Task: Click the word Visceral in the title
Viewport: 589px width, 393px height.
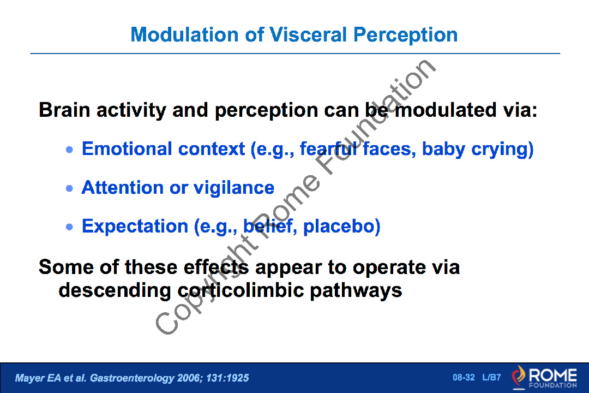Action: tap(308, 34)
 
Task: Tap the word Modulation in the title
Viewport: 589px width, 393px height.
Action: tap(184, 34)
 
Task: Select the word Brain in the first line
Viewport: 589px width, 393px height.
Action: tap(65, 110)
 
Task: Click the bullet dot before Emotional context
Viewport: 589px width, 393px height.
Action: tap(69, 150)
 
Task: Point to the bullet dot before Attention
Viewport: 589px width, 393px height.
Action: tap(69, 188)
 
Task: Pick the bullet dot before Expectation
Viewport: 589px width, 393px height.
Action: tap(69, 227)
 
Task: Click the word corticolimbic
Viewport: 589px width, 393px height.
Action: tap(241, 290)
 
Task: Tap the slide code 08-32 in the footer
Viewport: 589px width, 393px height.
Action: tap(464, 377)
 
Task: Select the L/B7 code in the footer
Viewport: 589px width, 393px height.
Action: tap(492, 377)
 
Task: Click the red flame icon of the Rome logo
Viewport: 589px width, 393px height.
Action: tap(519, 377)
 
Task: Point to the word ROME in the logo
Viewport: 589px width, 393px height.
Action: tap(552, 375)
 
